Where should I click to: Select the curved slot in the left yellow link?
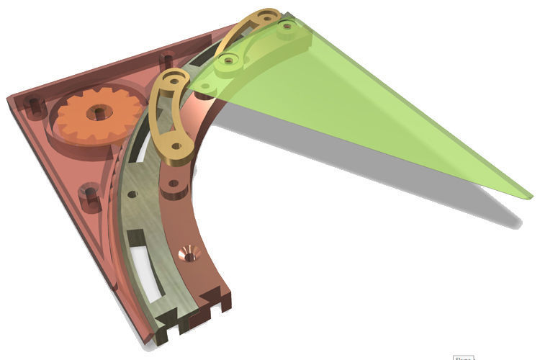[x=161, y=115]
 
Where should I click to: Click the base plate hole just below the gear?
[x=89, y=193]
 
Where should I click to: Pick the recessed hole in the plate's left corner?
[x=33, y=106]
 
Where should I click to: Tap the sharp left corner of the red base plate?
[x=9, y=98]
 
